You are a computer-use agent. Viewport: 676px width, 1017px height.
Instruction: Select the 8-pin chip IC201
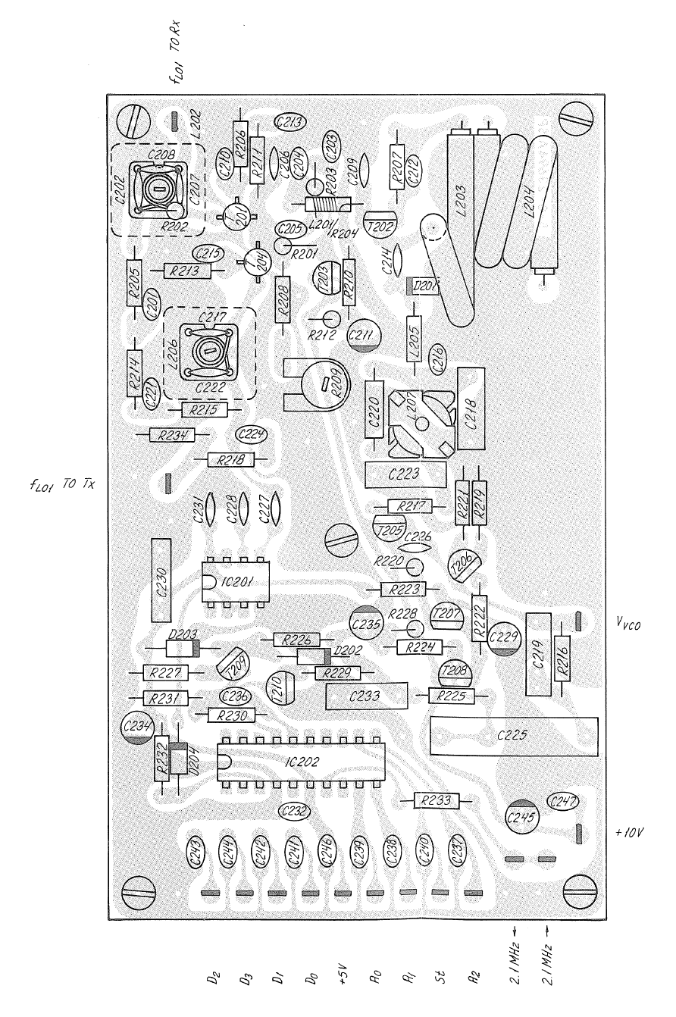pyautogui.click(x=236, y=582)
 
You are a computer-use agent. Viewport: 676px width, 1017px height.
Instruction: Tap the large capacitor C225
pyautogui.click(x=513, y=734)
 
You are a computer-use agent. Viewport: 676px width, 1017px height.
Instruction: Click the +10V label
pyautogui.click(x=630, y=834)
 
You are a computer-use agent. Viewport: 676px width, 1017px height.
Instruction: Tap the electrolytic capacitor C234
pyautogui.click(x=139, y=729)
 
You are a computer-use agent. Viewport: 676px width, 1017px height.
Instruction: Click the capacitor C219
pyautogui.click(x=537, y=653)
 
